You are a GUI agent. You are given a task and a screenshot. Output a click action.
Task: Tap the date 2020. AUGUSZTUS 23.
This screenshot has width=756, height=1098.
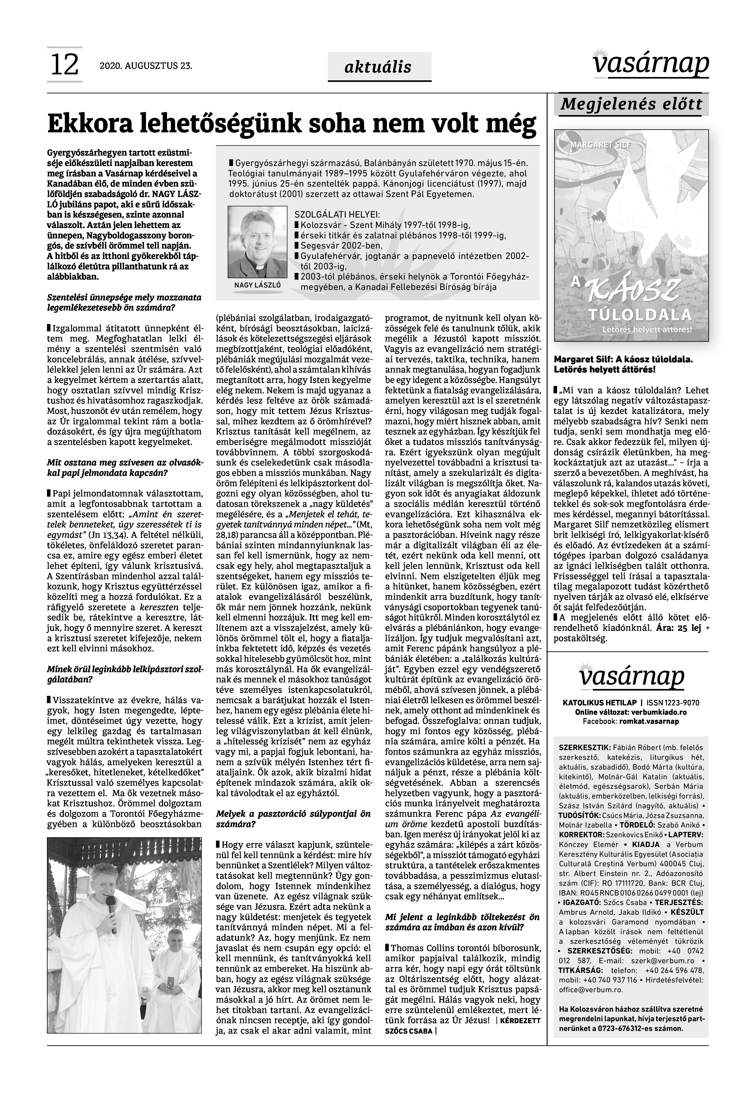pyautogui.click(x=146, y=66)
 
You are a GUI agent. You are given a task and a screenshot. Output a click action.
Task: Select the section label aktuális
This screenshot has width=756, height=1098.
pyautogui.click(x=378, y=67)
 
